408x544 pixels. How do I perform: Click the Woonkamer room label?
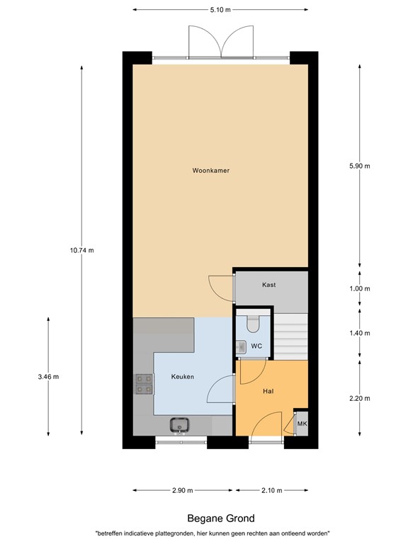[210, 171]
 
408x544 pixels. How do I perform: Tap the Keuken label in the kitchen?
[182, 377]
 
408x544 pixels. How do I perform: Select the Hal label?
[268, 390]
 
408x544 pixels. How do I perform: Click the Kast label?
[268, 285]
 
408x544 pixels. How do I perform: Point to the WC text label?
[257, 346]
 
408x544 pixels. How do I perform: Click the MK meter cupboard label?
[302, 424]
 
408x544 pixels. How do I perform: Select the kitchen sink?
[179, 425]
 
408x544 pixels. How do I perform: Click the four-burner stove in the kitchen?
[144, 383]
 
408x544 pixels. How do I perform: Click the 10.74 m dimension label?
[82, 250]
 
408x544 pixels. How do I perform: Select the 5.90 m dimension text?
[360, 166]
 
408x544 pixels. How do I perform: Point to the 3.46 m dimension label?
[47, 376]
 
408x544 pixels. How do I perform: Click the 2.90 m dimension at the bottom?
[183, 490]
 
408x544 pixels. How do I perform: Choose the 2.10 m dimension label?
[271, 490]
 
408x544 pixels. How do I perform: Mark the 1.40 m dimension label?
[360, 332]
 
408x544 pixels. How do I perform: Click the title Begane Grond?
[220, 518]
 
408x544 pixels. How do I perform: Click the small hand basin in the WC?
[241, 346]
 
